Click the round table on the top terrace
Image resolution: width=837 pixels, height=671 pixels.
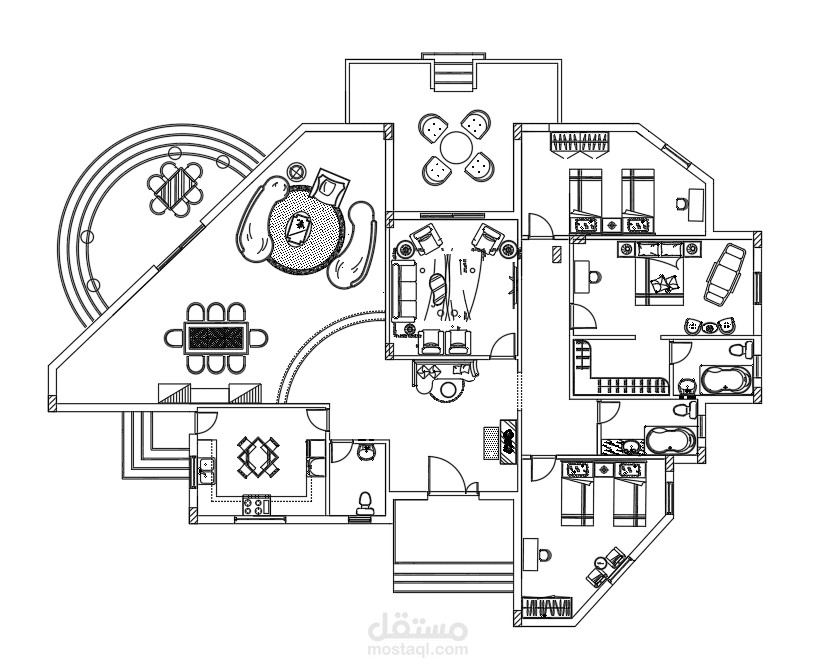point(455,148)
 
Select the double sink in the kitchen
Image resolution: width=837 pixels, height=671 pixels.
point(206,470)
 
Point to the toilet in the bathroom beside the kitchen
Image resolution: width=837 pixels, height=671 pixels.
point(365,503)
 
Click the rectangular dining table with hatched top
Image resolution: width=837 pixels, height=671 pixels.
point(216,337)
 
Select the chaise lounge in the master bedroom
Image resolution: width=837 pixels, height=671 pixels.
point(724,274)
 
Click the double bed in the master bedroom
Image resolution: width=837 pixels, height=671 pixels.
point(659,274)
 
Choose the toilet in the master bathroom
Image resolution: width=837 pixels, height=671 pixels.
point(741,350)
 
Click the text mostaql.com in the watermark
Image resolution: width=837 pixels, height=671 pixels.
point(418,650)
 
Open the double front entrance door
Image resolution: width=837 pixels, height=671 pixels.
point(453,475)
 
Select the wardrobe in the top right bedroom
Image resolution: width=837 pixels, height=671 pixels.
point(580,145)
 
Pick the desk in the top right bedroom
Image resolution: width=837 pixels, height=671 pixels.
point(695,204)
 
